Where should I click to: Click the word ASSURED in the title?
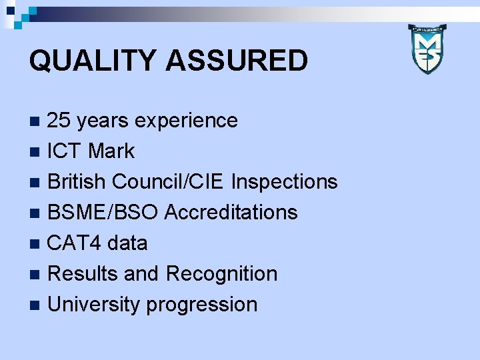[236, 61]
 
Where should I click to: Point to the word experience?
[186, 121]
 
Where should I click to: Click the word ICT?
[65, 151]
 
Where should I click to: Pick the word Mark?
[111, 151]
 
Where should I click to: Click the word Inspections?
[285, 182]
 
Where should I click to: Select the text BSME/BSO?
[103, 213]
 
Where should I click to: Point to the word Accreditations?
[231, 213]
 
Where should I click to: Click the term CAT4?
[74, 243]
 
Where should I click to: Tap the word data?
[127, 243]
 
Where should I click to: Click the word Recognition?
[221, 274]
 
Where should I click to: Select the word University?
[94, 305]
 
